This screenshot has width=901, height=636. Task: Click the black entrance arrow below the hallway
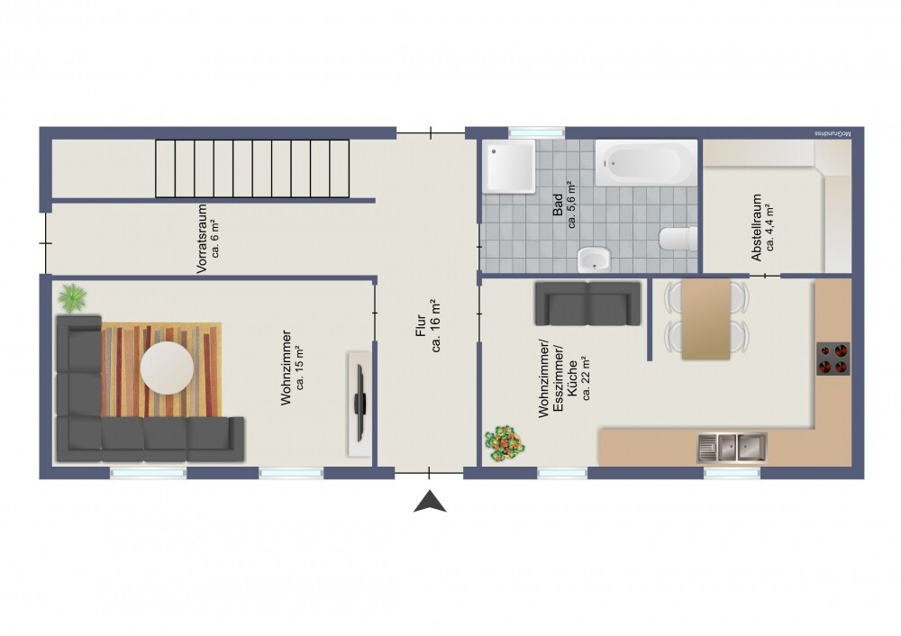click(x=430, y=503)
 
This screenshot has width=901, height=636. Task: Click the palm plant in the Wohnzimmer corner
click(x=72, y=296)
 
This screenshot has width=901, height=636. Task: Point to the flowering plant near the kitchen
click(x=503, y=442)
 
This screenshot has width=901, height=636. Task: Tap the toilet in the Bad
click(x=678, y=240)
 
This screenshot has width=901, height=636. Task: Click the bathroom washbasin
click(x=593, y=259)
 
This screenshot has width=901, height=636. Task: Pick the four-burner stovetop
click(x=833, y=359)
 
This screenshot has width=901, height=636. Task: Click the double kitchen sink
click(x=732, y=445)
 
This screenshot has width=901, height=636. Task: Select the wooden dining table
click(x=705, y=319)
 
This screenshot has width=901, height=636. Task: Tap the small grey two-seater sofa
click(x=587, y=303)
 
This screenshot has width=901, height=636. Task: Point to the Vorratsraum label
click(x=202, y=240)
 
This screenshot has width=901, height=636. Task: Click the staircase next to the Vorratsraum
click(x=252, y=168)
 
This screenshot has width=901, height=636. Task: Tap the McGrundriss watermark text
click(x=833, y=133)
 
